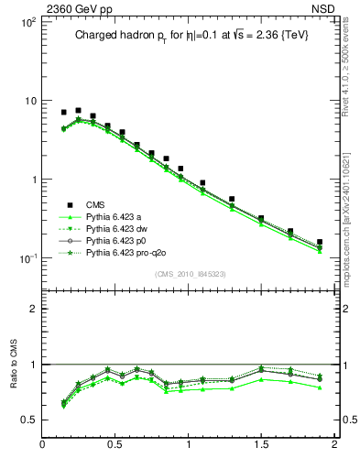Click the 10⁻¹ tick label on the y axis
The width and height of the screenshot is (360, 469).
click(26, 259)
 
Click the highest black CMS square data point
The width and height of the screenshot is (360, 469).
click(78, 110)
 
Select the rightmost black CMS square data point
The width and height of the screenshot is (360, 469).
click(320, 243)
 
